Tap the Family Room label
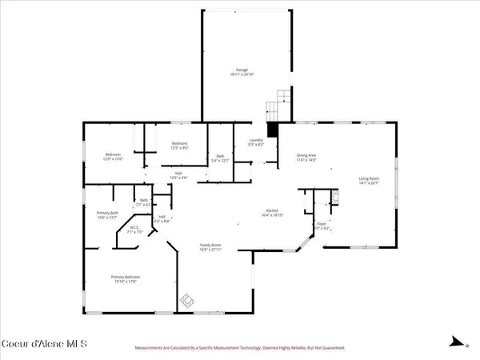click(x=211, y=246)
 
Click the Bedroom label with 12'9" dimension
click(x=112, y=156)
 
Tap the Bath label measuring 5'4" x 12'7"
click(x=220, y=158)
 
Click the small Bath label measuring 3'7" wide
click(x=144, y=202)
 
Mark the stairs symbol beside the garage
click(x=276, y=105)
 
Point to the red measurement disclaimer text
click(x=240, y=349)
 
